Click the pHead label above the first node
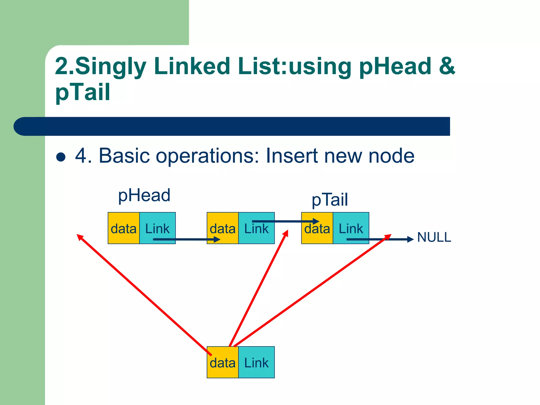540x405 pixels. [x=144, y=196]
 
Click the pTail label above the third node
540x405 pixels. [x=330, y=200]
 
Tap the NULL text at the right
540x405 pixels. [x=434, y=237]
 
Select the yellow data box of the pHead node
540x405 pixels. [x=123, y=228]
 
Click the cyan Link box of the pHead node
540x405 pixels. [x=157, y=228]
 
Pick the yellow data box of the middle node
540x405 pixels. [x=222, y=228]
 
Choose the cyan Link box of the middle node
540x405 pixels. [x=256, y=228]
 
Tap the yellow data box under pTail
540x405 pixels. [x=317, y=228]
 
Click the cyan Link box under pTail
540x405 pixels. [x=351, y=228]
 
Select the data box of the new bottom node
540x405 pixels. [x=222, y=363]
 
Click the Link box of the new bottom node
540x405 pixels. [x=256, y=363]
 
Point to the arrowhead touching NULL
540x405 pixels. [x=410, y=239]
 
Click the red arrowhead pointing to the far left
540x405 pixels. [x=79, y=237]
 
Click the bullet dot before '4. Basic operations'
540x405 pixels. [x=61, y=157]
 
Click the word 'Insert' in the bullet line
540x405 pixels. [x=292, y=156]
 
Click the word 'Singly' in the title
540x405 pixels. [x=111, y=66]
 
